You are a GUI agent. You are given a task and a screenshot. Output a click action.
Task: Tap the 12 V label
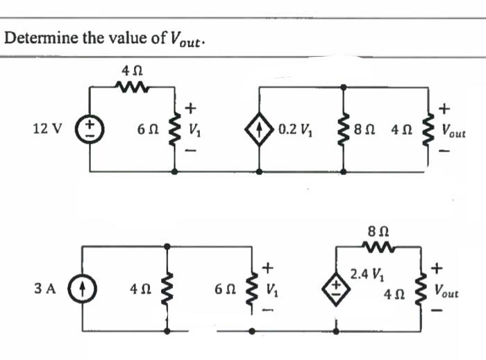coord(47,128)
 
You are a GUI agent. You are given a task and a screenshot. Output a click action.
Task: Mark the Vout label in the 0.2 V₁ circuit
coord(454,130)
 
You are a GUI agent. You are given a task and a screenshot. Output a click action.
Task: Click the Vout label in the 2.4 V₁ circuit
coord(448,286)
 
